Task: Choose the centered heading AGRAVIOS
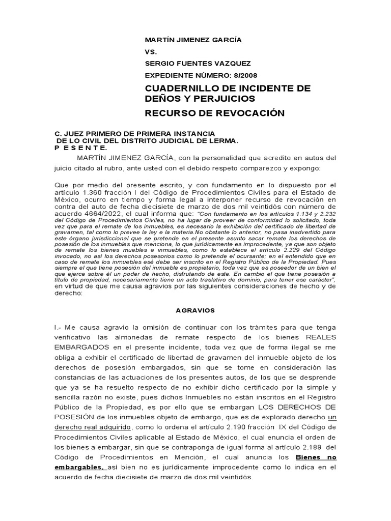pos(195,309)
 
